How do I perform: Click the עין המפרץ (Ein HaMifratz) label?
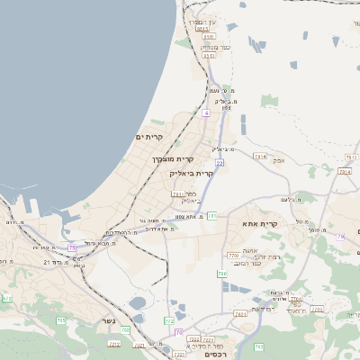[202, 21]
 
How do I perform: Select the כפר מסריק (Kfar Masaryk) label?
[216, 47]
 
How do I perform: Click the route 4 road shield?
[206, 114]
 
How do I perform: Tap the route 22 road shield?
[220, 163]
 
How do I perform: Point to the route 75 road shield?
[72, 247]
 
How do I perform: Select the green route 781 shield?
[211, 216]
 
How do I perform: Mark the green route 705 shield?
[61, 320]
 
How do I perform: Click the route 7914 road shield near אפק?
[261, 157]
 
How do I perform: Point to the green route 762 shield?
[258, 346]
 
